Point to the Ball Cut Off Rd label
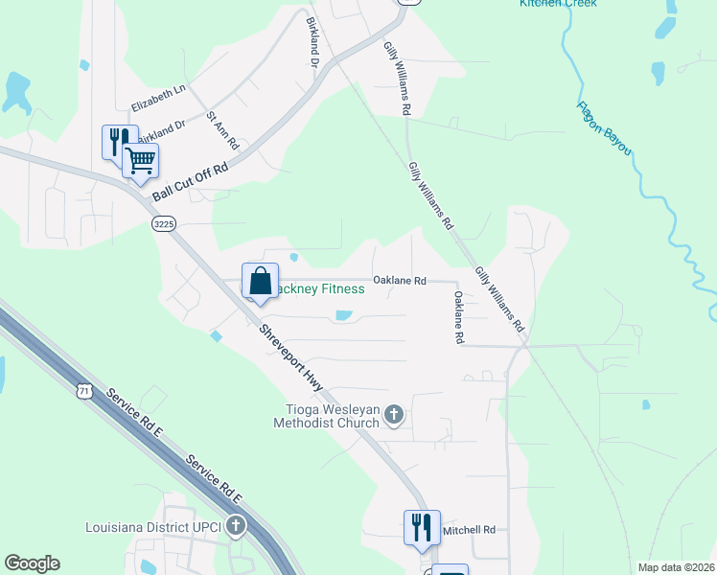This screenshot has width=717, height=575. click(190, 181)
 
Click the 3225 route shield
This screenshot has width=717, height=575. click(163, 223)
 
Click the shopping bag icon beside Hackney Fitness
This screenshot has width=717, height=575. click(260, 282)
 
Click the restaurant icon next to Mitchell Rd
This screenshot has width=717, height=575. click(421, 528)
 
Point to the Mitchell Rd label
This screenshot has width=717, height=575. click(468, 529)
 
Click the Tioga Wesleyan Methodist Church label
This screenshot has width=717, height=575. click(327, 415)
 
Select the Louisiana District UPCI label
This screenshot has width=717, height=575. click(154, 526)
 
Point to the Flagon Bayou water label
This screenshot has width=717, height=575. click(604, 128)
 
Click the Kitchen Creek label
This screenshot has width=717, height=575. click(558, 4)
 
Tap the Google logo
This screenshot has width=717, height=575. click(32, 563)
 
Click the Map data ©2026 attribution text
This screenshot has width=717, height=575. click(676, 567)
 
